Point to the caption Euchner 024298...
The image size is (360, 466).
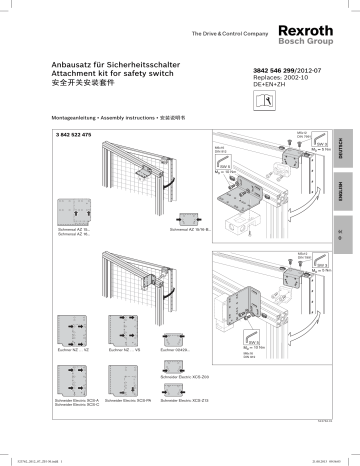172,353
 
